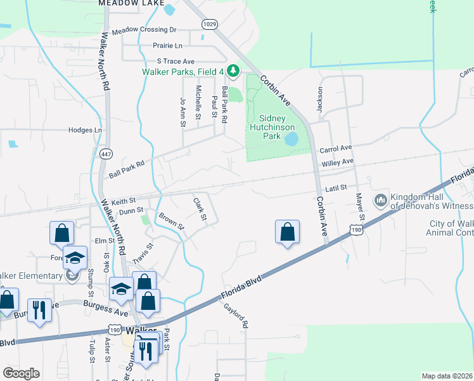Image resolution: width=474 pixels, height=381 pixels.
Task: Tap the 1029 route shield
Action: (210, 23)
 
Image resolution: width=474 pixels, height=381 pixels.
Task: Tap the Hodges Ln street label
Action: (85, 130)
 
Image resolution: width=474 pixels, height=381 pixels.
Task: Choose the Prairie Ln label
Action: (167, 46)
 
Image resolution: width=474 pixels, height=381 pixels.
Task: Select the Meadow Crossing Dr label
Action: (144, 30)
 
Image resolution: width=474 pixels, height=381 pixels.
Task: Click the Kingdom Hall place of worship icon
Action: (381, 201)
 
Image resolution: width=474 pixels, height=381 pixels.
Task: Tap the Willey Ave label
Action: (338, 163)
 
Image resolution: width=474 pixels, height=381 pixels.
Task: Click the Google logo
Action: (21, 373)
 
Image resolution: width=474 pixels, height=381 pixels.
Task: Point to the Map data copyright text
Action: (447, 376)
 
